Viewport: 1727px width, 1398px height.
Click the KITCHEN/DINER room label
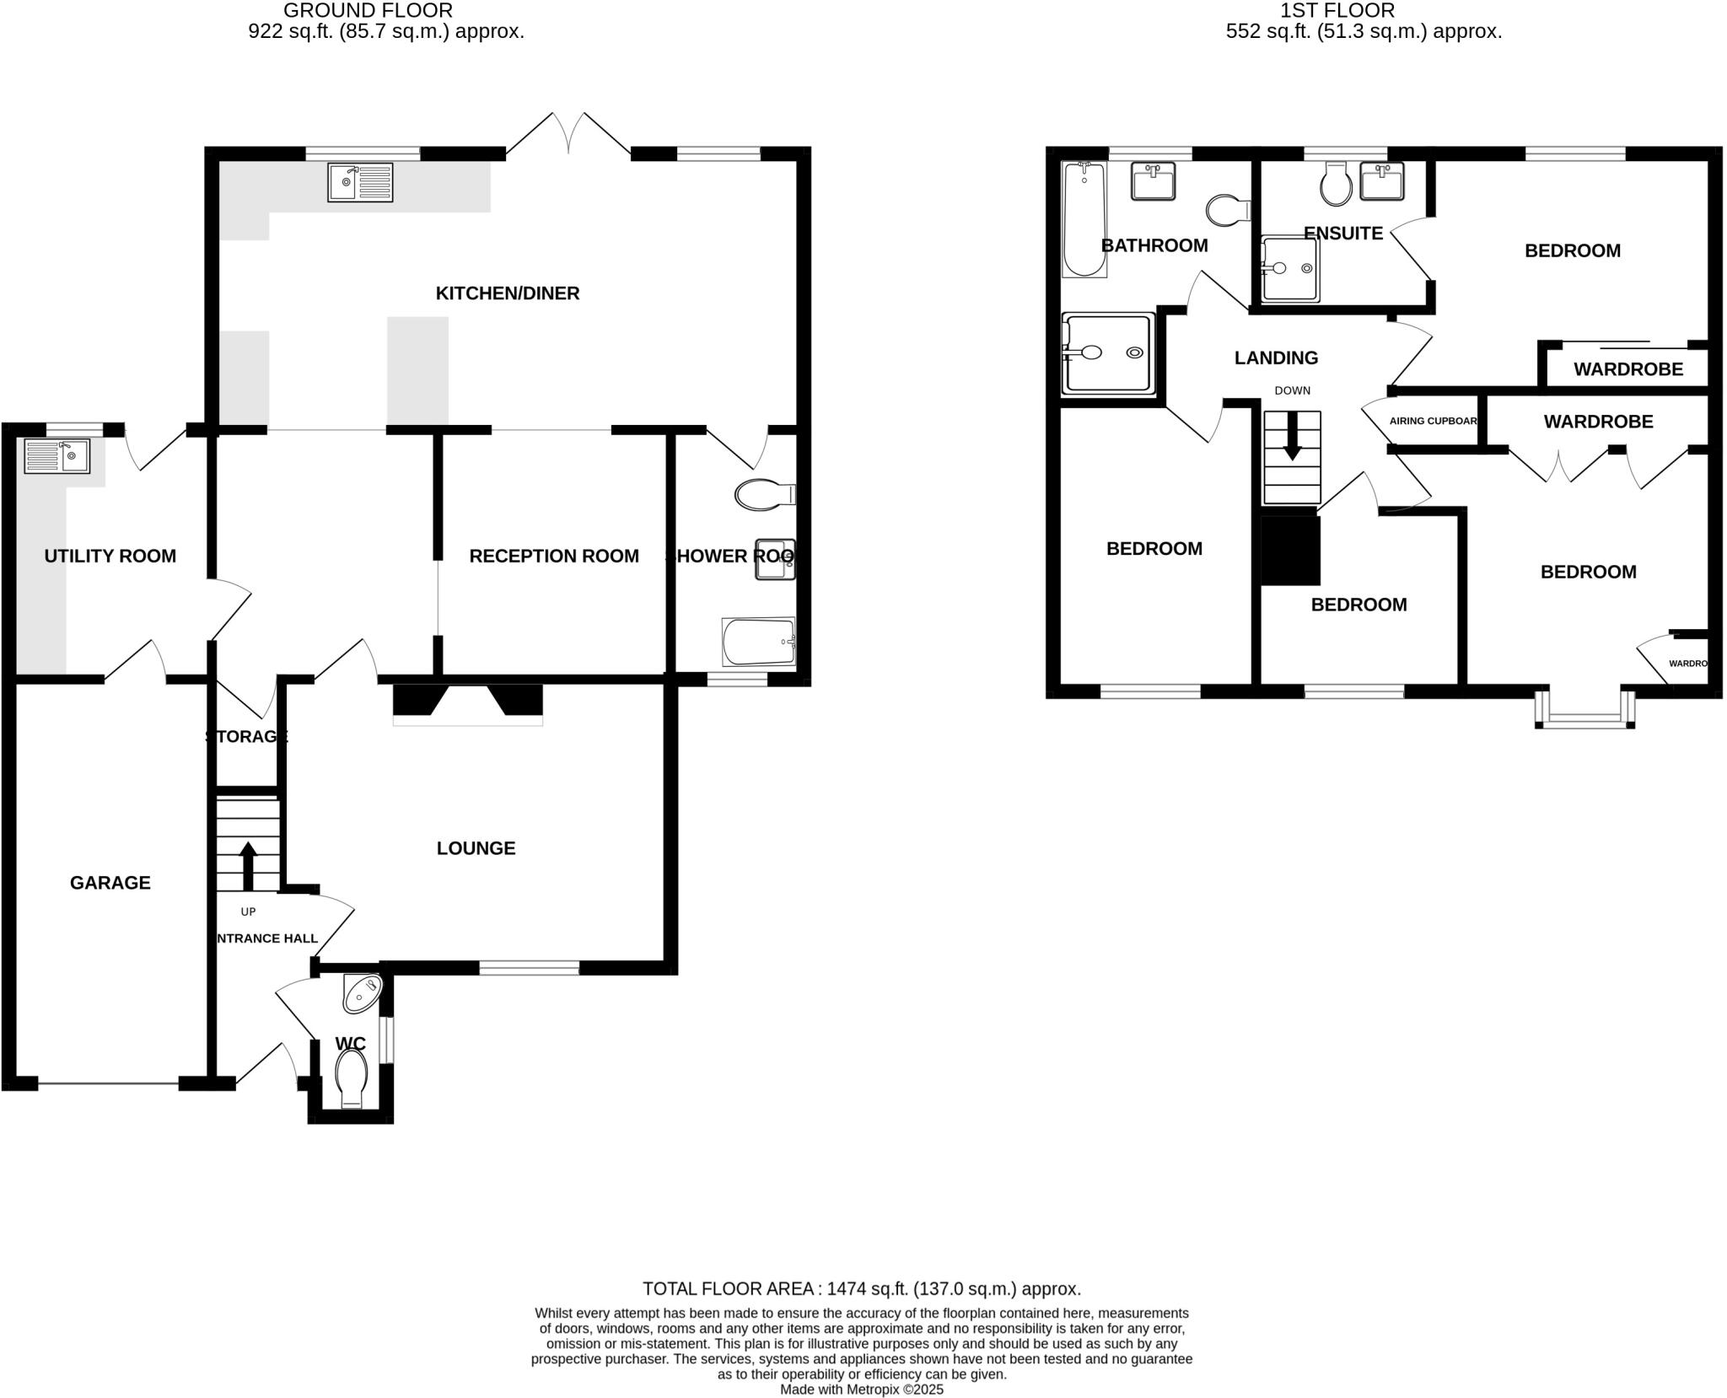(507, 293)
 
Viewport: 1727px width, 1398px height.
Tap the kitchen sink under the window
(360, 183)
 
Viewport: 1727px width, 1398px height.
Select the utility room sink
(56, 456)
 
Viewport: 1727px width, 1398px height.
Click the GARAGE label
(110, 883)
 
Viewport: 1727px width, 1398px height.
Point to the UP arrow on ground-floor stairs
(248, 864)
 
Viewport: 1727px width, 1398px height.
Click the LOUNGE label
(476, 848)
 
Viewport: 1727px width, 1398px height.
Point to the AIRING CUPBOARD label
(1433, 421)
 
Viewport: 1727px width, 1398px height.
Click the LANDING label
(1276, 358)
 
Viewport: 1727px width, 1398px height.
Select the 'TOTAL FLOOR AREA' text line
(861, 1289)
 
